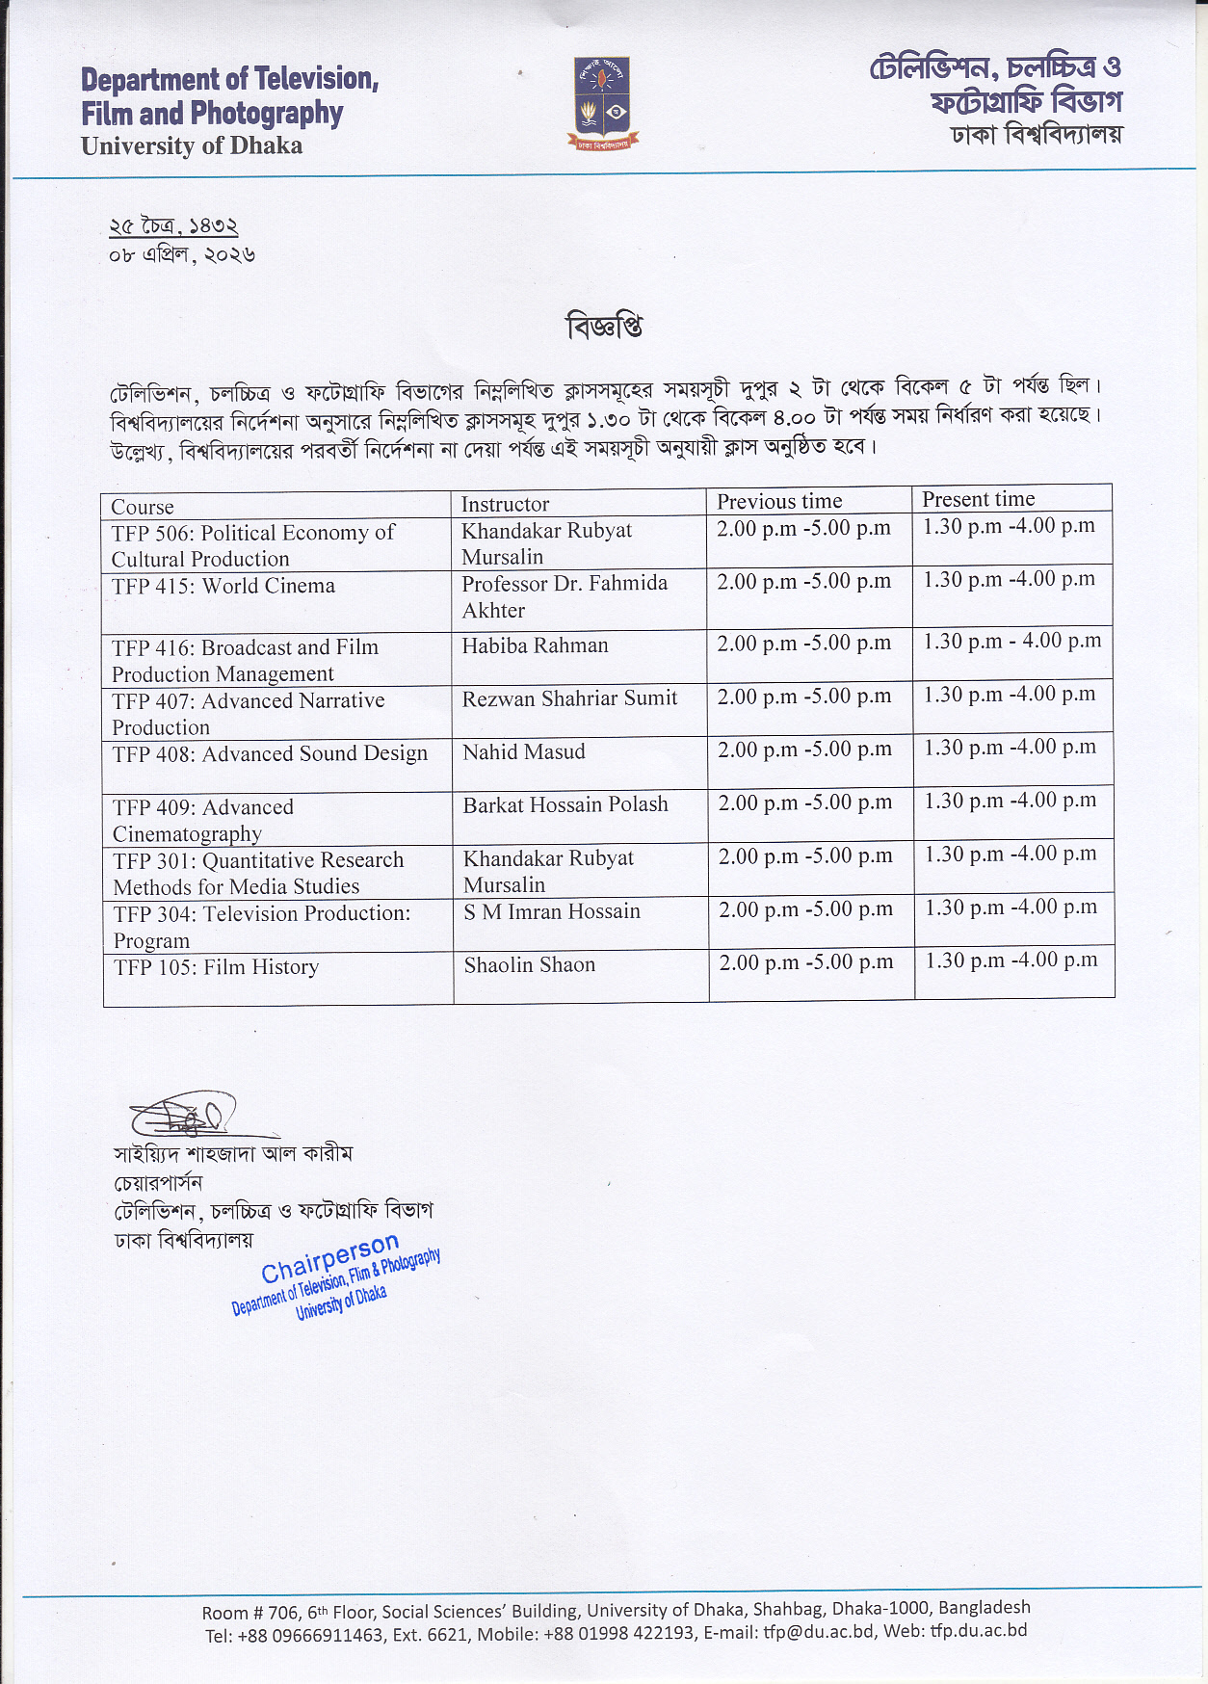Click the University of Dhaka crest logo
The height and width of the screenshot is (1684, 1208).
coord(602,103)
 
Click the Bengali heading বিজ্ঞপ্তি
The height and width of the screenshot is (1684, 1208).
coord(604,327)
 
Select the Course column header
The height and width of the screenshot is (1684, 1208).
coord(143,507)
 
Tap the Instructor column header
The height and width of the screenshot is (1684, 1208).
coord(505,504)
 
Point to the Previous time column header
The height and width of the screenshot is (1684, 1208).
coord(779,501)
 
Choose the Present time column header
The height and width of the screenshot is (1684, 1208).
coord(978,499)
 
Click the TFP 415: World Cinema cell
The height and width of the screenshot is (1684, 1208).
coord(223,586)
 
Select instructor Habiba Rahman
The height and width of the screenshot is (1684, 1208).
coord(535,645)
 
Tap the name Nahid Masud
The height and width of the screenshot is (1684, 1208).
coord(523,751)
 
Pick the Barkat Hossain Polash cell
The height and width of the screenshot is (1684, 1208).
coord(565,804)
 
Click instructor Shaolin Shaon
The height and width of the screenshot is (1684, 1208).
coord(529,964)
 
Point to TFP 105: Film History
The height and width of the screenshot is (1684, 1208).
coord(216,967)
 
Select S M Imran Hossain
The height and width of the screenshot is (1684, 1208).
coord(551,911)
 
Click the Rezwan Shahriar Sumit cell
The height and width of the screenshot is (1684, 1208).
coord(569,698)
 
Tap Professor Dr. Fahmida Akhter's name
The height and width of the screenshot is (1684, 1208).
coord(564,595)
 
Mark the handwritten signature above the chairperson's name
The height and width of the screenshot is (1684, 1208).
coord(183,1116)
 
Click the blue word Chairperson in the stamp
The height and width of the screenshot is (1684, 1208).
coord(329,1258)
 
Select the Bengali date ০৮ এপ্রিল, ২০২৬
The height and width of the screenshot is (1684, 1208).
coord(182,255)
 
